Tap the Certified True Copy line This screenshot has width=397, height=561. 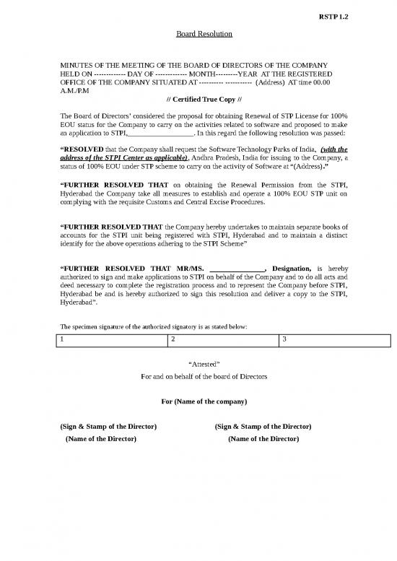coord(198,99)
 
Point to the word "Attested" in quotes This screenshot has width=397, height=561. coord(198,363)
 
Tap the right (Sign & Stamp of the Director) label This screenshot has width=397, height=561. coord(263,426)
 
